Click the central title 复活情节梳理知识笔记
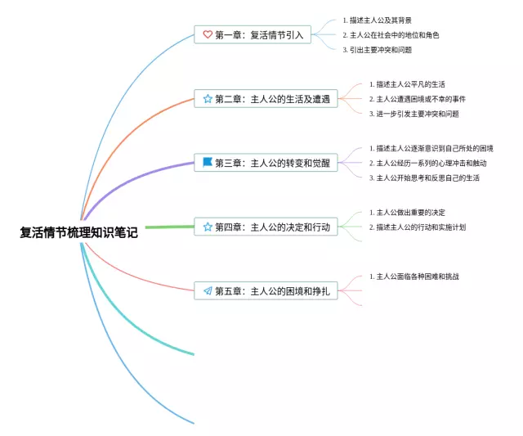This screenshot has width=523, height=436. (79, 232)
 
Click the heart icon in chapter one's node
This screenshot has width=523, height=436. (208, 35)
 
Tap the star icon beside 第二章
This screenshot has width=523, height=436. (208, 99)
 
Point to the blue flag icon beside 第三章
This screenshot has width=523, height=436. (208, 163)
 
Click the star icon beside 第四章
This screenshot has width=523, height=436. (208, 227)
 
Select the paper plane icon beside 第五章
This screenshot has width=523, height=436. (208, 290)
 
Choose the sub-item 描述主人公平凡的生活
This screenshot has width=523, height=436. (413, 84)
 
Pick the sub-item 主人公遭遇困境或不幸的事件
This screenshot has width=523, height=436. (421, 99)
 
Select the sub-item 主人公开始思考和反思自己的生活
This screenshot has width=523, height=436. (428, 178)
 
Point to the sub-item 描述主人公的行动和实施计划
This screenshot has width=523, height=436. (421, 227)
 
